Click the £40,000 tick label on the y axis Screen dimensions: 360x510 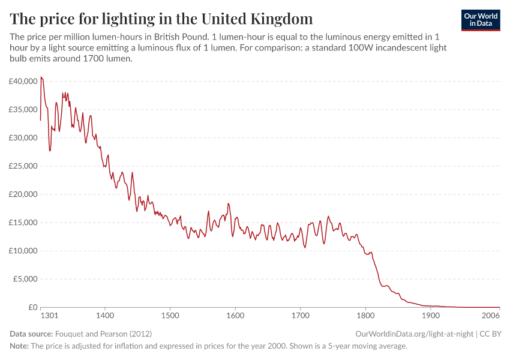23,81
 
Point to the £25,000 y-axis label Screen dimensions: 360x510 23,166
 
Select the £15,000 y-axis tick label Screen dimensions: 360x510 23,223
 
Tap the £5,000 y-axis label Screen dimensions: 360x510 25,279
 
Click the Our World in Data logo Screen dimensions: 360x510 481,20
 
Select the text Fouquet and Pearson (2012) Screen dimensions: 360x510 103,334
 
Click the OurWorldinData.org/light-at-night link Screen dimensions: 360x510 415,334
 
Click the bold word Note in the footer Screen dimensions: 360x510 19,346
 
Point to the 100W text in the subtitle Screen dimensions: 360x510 353,48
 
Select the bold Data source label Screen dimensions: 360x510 31,334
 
